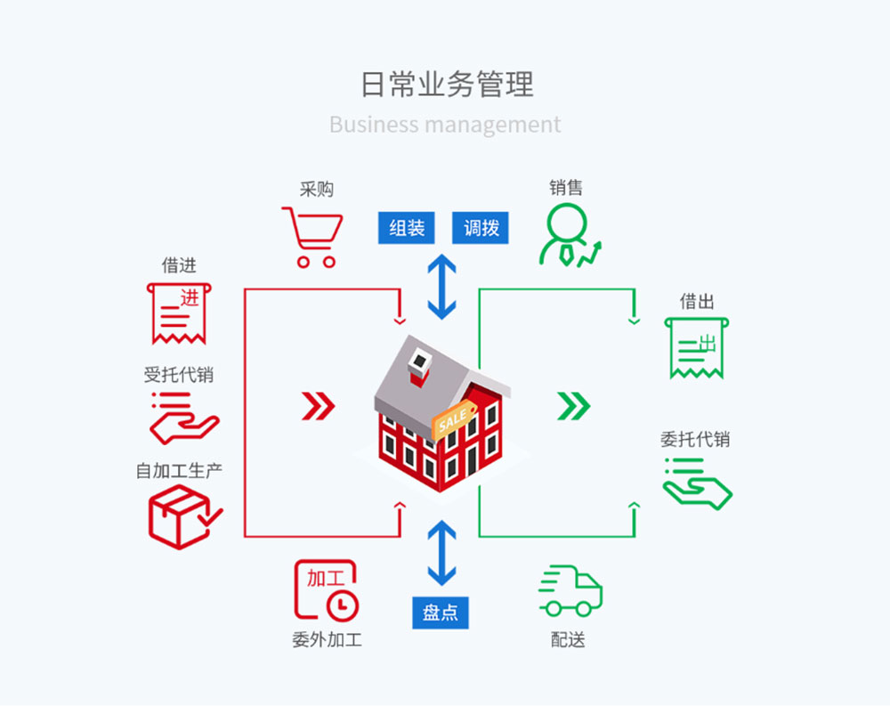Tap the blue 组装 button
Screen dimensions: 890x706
[407, 228]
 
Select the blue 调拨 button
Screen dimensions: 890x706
[481, 228]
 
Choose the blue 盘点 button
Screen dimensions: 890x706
[441, 613]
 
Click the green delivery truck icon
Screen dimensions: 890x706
[570, 591]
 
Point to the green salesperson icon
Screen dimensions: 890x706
[570, 235]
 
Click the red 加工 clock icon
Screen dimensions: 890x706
[326, 590]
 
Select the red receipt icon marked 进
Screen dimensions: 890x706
[179, 313]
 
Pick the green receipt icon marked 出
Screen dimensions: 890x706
[697, 348]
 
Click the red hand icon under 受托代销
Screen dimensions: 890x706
[183, 418]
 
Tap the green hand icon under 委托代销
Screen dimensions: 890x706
[697, 484]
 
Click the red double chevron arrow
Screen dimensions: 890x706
[319, 406]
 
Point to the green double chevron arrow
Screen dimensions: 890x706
[574, 406]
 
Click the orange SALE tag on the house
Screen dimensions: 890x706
[454, 419]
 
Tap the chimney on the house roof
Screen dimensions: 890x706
[420, 367]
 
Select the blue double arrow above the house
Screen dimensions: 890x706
[441, 287]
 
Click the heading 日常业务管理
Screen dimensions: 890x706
[448, 84]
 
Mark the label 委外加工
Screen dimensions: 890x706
[327, 640]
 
